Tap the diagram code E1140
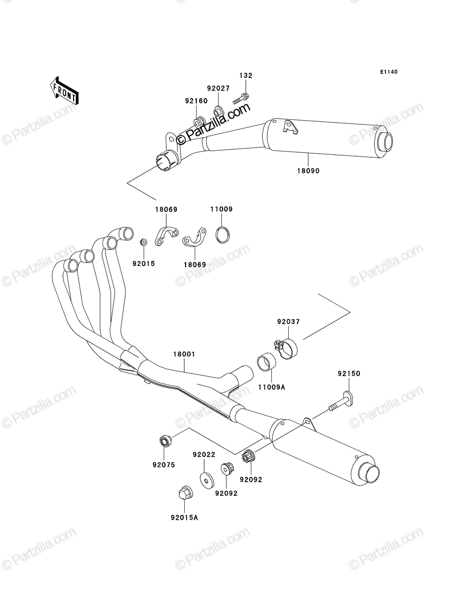pos(388,72)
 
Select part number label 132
pos(246,76)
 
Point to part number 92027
pos(218,89)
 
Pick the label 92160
pos(196,101)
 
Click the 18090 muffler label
pos(308,171)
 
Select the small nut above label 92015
pos(143,242)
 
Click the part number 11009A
pos(272,387)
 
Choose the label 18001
pos(184,354)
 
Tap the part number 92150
pos(349,374)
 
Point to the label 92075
pos(164,465)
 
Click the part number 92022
pos(204,455)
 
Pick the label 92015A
pos(184,518)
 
